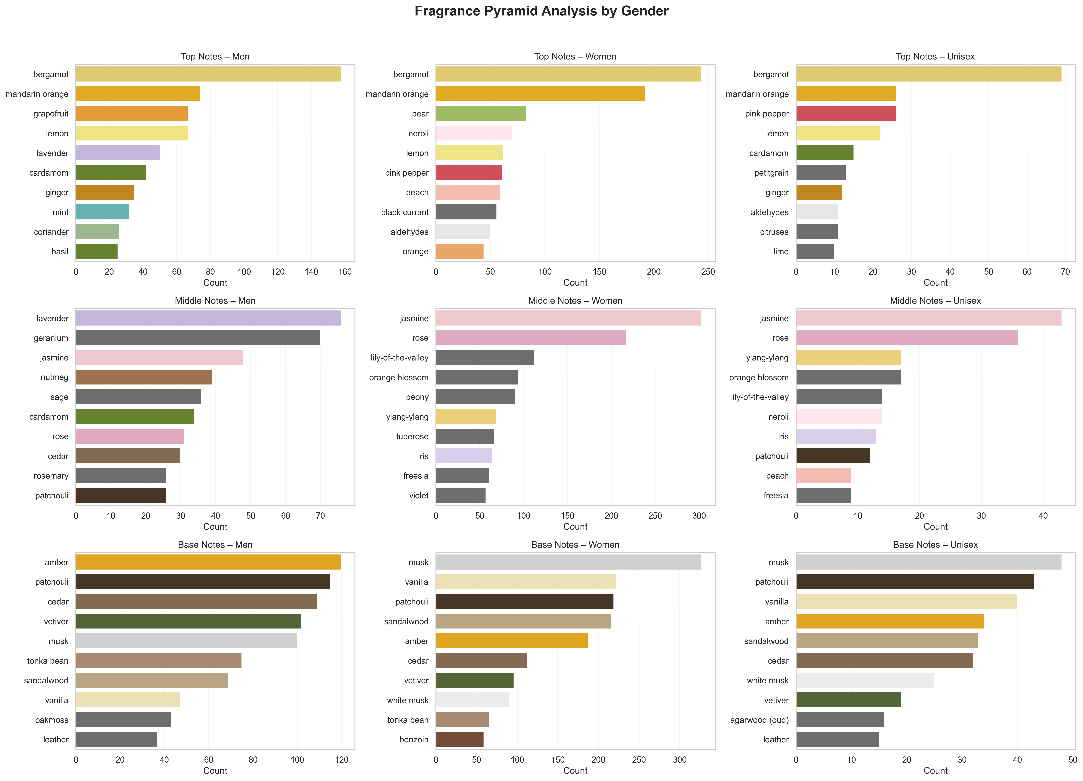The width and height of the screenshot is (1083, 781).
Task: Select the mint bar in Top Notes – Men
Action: (102, 212)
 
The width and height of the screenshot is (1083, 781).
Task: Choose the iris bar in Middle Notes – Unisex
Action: (836, 436)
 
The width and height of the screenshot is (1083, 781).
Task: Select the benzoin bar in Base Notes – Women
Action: (459, 740)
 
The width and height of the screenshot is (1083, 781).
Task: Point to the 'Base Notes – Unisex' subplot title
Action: (935, 545)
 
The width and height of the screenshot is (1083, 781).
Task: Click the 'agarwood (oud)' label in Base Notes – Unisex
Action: (759, 720)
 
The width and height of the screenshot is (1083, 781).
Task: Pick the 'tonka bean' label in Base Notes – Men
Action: (48, 661)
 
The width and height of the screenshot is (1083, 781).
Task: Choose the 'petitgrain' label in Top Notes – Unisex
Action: (771, 173)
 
